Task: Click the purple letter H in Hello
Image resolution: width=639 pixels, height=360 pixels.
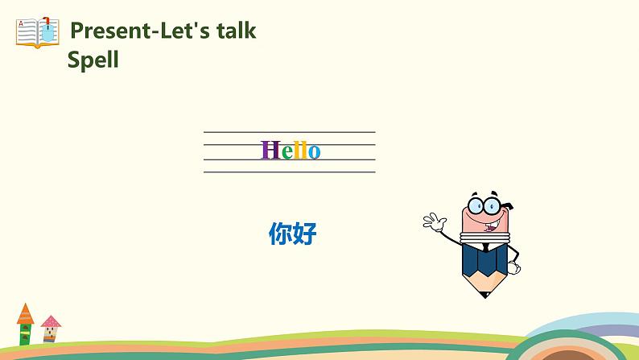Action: coord(270,151)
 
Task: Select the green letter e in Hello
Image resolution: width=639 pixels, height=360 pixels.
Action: coord(286,152)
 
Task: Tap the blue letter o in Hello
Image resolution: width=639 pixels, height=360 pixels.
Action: coord(314,152)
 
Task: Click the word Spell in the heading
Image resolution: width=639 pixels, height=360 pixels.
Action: coord(93,60)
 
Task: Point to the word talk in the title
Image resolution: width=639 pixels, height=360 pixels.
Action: coord(233,31)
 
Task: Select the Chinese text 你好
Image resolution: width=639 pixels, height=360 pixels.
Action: coord(293,234)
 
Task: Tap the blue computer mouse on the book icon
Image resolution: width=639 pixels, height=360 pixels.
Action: coord(49,32)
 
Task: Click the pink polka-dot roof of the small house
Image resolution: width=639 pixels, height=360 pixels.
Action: coord(51,321)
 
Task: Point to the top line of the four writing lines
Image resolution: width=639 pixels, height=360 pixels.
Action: coord(289,132)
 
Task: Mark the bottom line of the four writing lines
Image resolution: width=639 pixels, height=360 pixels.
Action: coord(289,172)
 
